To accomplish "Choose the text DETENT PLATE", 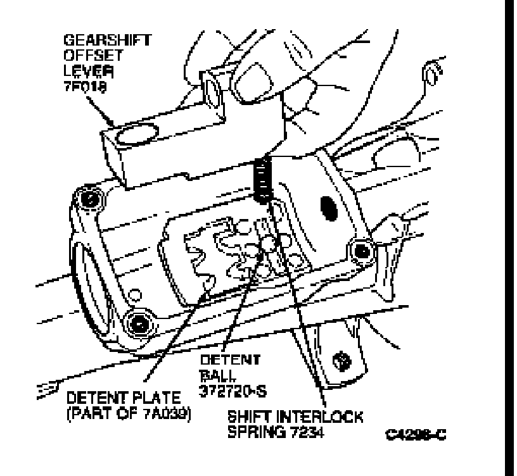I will click(x=124, y=399).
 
